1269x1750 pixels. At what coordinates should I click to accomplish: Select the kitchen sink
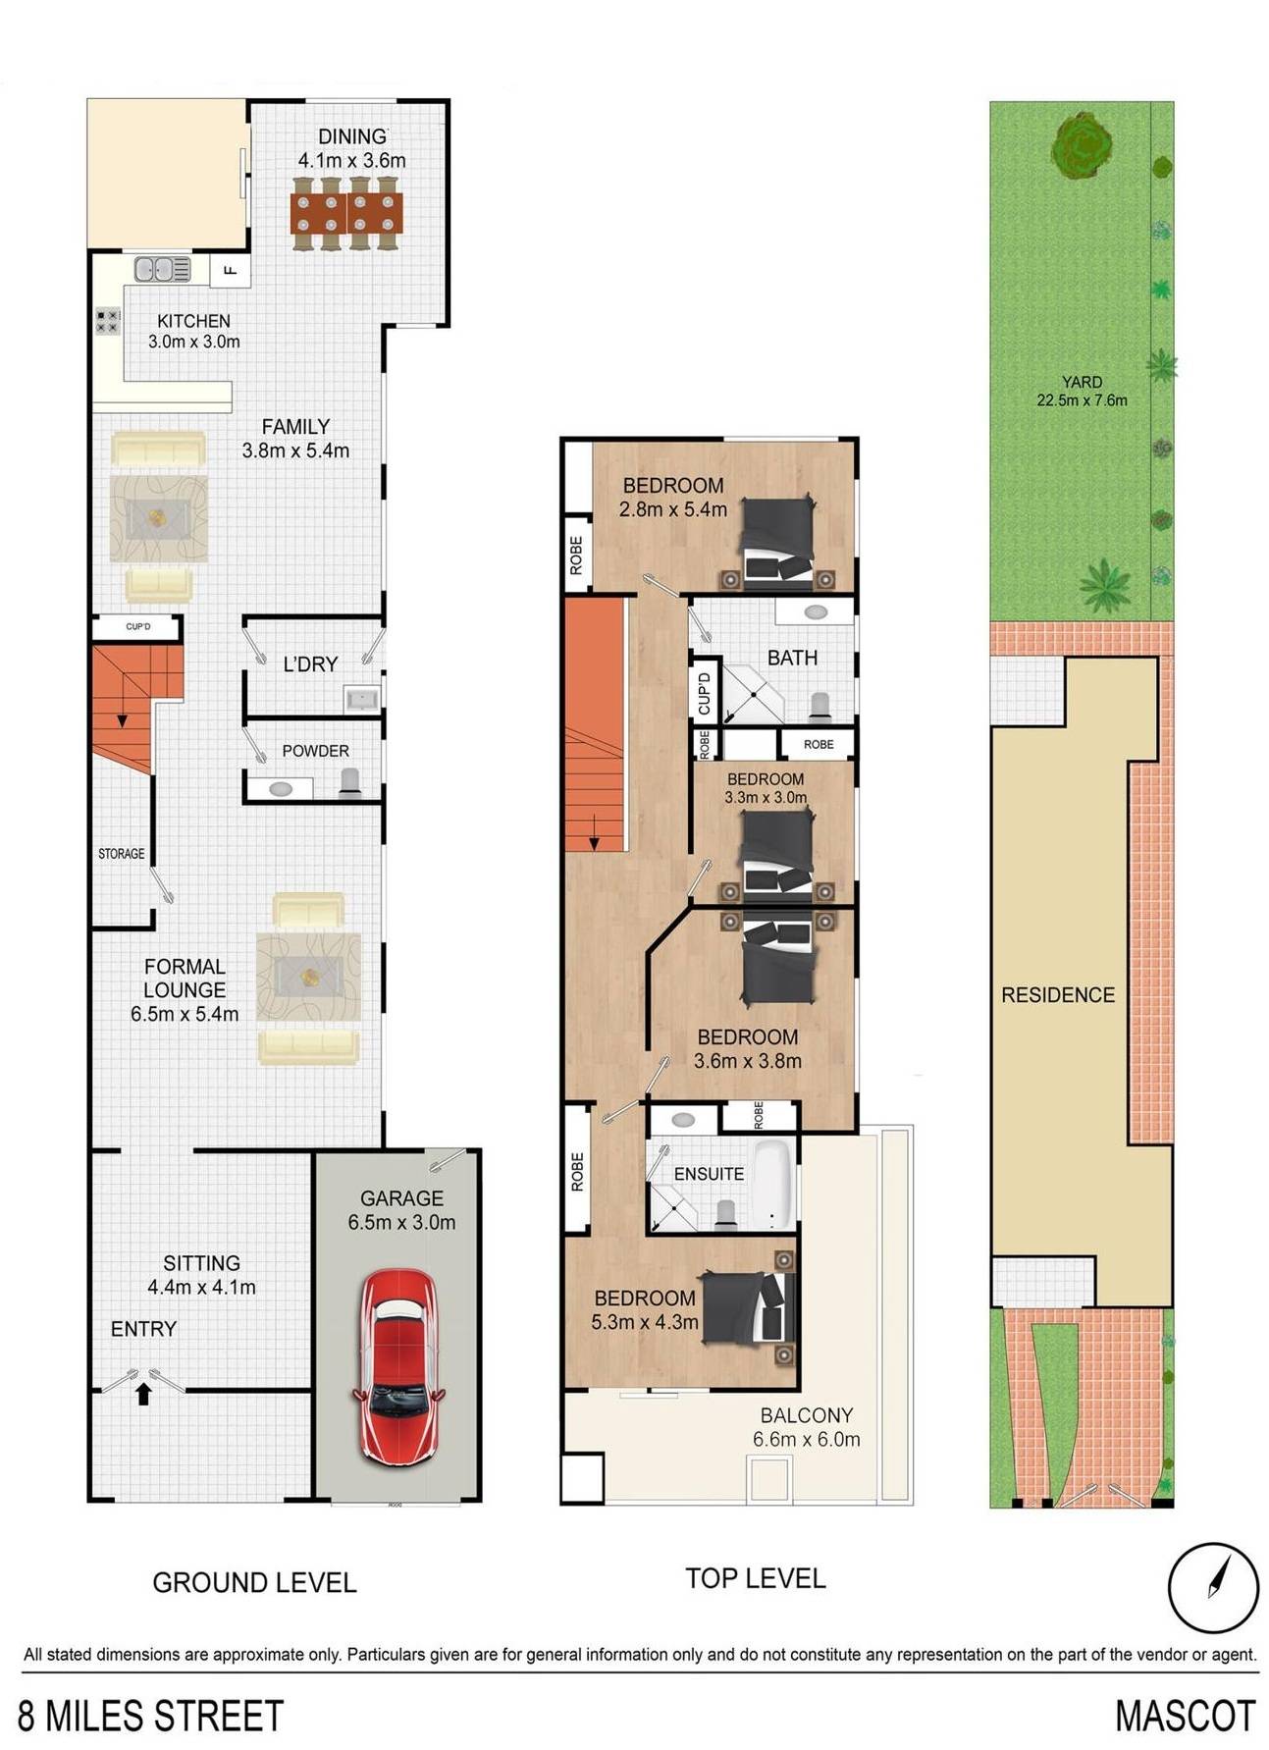point(162,268)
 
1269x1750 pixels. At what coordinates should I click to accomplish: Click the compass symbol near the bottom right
point(1213,1587)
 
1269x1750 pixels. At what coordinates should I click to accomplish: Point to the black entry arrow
point(143,1393)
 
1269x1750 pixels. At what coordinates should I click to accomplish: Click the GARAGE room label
point(401,1197)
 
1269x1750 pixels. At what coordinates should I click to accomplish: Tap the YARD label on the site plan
point(1082,382)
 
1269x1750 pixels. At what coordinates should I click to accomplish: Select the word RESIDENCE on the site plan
point(1058,995)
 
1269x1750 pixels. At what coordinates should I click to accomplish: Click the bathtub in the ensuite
point(774,1185)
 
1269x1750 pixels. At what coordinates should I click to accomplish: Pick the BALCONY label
point(807,1415)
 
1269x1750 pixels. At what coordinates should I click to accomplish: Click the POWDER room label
point(315,751)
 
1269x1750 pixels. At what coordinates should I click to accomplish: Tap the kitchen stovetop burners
point(108,321)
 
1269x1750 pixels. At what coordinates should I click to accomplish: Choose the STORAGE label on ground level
point(122,854)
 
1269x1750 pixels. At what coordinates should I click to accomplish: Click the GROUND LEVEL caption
point(254,1582)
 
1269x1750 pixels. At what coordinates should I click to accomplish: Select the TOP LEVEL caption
point(756,1578)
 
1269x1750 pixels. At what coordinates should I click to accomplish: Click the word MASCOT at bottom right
point(1185,1716)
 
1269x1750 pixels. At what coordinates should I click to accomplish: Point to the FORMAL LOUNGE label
point(185,979)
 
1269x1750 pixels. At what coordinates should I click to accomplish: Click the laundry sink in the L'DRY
point(362,699)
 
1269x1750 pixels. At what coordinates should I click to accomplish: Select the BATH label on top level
point(792,658)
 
